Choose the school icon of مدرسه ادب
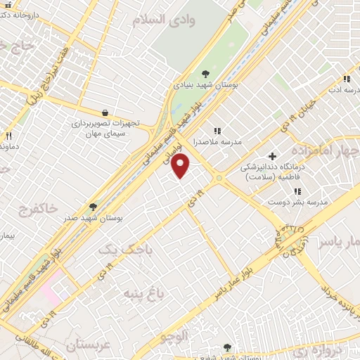(346, 79)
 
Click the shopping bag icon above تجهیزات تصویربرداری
(105, 112)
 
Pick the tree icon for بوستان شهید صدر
(92, 207)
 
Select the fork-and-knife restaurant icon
(8, 136)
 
